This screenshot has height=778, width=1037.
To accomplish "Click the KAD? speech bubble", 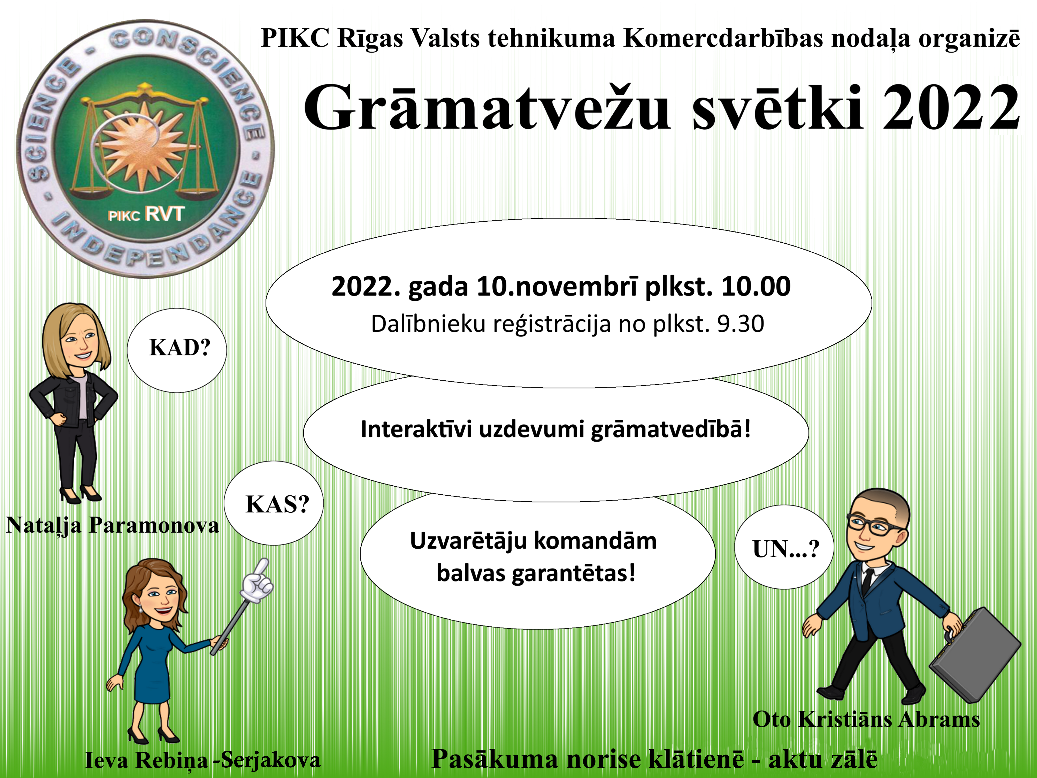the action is click(x=177, y=350).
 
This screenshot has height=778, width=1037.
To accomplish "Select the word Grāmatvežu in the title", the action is click(x=488, y=108).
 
